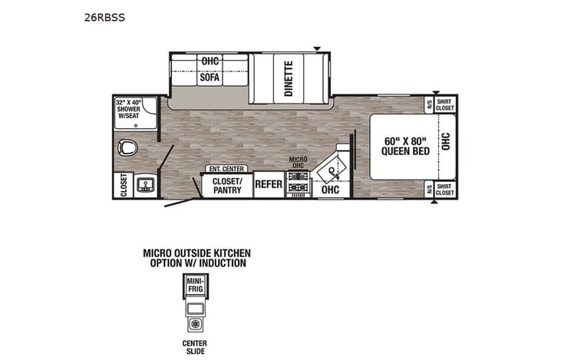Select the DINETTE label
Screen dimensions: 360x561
click(289, 78)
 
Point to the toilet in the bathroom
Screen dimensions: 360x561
click(127, 147)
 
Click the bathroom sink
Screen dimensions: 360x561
click(144, 183)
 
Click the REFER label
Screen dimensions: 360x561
click(269, 184)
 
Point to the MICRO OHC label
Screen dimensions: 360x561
click(299, 162)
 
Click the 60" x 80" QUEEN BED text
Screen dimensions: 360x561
click(403, 146)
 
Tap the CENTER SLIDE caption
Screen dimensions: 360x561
click(195, 347)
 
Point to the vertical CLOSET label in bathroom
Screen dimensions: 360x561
click(123, 184)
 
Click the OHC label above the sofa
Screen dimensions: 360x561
click(209, 61)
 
